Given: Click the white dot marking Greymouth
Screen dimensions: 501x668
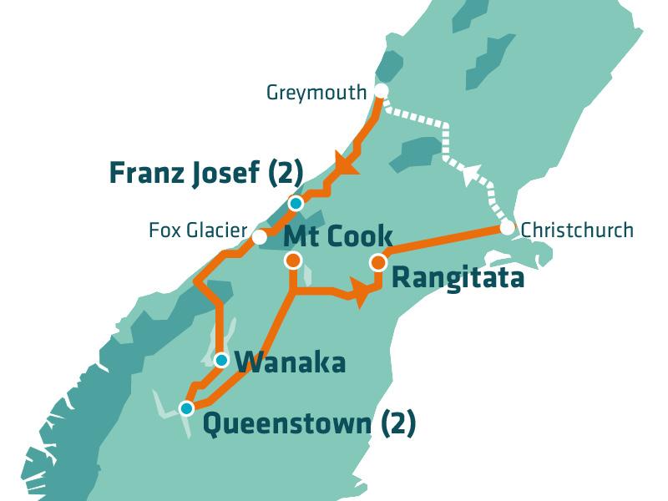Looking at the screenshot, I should (x=381, y=91).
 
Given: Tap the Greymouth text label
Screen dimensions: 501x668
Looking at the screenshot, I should (x=316, y=92).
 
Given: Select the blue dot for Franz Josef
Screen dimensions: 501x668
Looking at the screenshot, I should (x=295, y=203).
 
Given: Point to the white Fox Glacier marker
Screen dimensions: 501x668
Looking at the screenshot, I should (x=260, y=237).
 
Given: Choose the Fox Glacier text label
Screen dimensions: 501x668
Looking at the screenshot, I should (x=198, y=230).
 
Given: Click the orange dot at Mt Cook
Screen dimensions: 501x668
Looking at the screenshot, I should (x=292, y=261).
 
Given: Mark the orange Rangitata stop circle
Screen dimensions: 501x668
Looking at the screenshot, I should (x=378, y=262).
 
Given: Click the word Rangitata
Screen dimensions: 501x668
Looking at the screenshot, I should (x=458, y=278).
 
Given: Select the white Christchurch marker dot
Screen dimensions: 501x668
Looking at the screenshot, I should (x=507, y=228).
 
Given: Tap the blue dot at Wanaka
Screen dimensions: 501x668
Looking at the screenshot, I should (x=220, y=361).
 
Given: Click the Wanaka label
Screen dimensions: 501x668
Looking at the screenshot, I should (x=290, y=363).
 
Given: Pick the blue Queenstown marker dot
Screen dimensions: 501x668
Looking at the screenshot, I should (x=186, y=408).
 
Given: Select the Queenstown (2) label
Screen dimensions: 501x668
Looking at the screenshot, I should (x=309, y=423).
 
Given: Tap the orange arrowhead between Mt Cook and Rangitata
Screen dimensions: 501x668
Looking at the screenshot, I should (x=359, y=296).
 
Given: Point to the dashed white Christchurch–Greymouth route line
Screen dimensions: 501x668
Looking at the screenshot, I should (x=444, y=138).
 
